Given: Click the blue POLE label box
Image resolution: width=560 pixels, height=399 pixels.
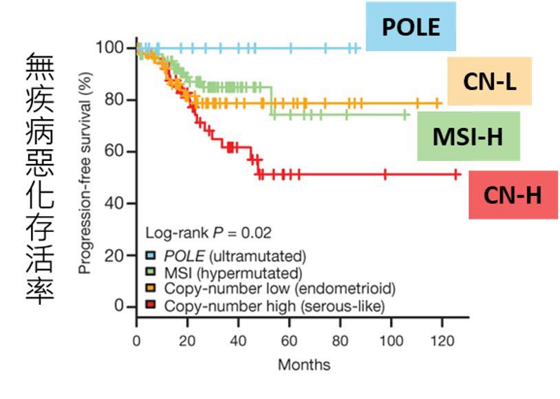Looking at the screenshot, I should click(x=411, y=27).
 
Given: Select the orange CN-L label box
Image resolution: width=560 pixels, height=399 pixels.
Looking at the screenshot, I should click(x=489, y=81).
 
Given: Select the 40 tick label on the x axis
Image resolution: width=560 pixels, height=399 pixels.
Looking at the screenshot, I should click(x=239, y=341).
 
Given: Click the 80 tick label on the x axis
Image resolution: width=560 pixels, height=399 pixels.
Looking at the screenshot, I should click(x=341, y=341).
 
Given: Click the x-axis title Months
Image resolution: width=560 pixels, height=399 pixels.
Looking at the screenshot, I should click(x=303, y=364).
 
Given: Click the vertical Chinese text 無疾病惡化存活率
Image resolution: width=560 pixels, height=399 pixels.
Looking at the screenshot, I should click(x=39, y=177).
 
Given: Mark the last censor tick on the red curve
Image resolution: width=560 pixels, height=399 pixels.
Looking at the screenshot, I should click(x=456, y=175).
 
